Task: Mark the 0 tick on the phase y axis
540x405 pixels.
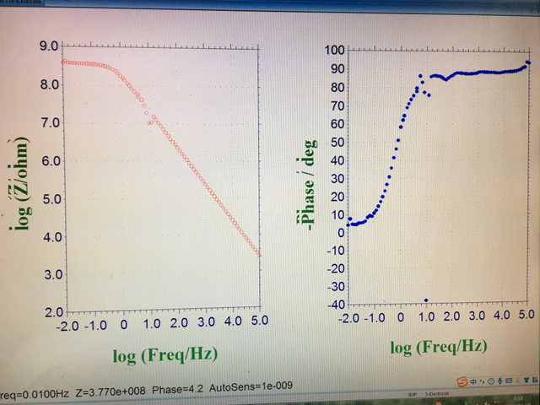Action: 335,232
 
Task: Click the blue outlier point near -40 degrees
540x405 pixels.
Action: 426,300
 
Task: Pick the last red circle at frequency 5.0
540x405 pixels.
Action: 259,254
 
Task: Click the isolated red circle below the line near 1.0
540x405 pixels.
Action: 149,122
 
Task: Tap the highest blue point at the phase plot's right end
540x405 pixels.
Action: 527,62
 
